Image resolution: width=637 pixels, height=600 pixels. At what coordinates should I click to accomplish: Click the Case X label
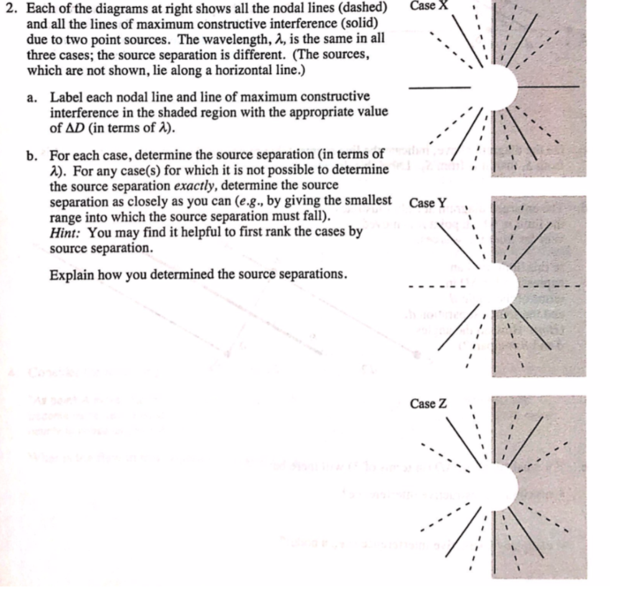[429, 5]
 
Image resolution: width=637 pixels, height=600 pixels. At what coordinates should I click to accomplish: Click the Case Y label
[428, 203]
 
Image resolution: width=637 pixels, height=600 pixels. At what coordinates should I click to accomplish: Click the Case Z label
[428, 404]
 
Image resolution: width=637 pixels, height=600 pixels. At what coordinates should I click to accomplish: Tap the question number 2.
[8, 9]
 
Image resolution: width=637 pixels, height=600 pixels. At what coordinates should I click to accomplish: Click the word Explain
[70, 274]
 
